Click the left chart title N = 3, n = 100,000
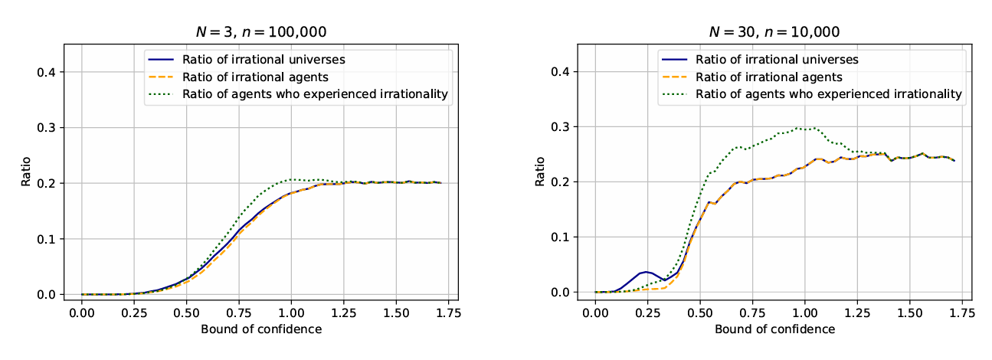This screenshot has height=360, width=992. click(x=262, y=32)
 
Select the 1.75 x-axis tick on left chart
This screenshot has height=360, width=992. click(x=448, y=314)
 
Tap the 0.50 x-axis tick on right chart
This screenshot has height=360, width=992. click(x=699, y=314)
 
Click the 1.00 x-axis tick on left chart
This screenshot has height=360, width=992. click(x=291, y=314)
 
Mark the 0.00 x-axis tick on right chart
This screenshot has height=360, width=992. click(x=595, y=314)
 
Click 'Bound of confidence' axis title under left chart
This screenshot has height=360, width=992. click(x=261, y=330)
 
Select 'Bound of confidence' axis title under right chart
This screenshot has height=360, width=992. click(x=774, y=330)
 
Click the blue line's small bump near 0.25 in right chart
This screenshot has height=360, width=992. click(x=647, y=272)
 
